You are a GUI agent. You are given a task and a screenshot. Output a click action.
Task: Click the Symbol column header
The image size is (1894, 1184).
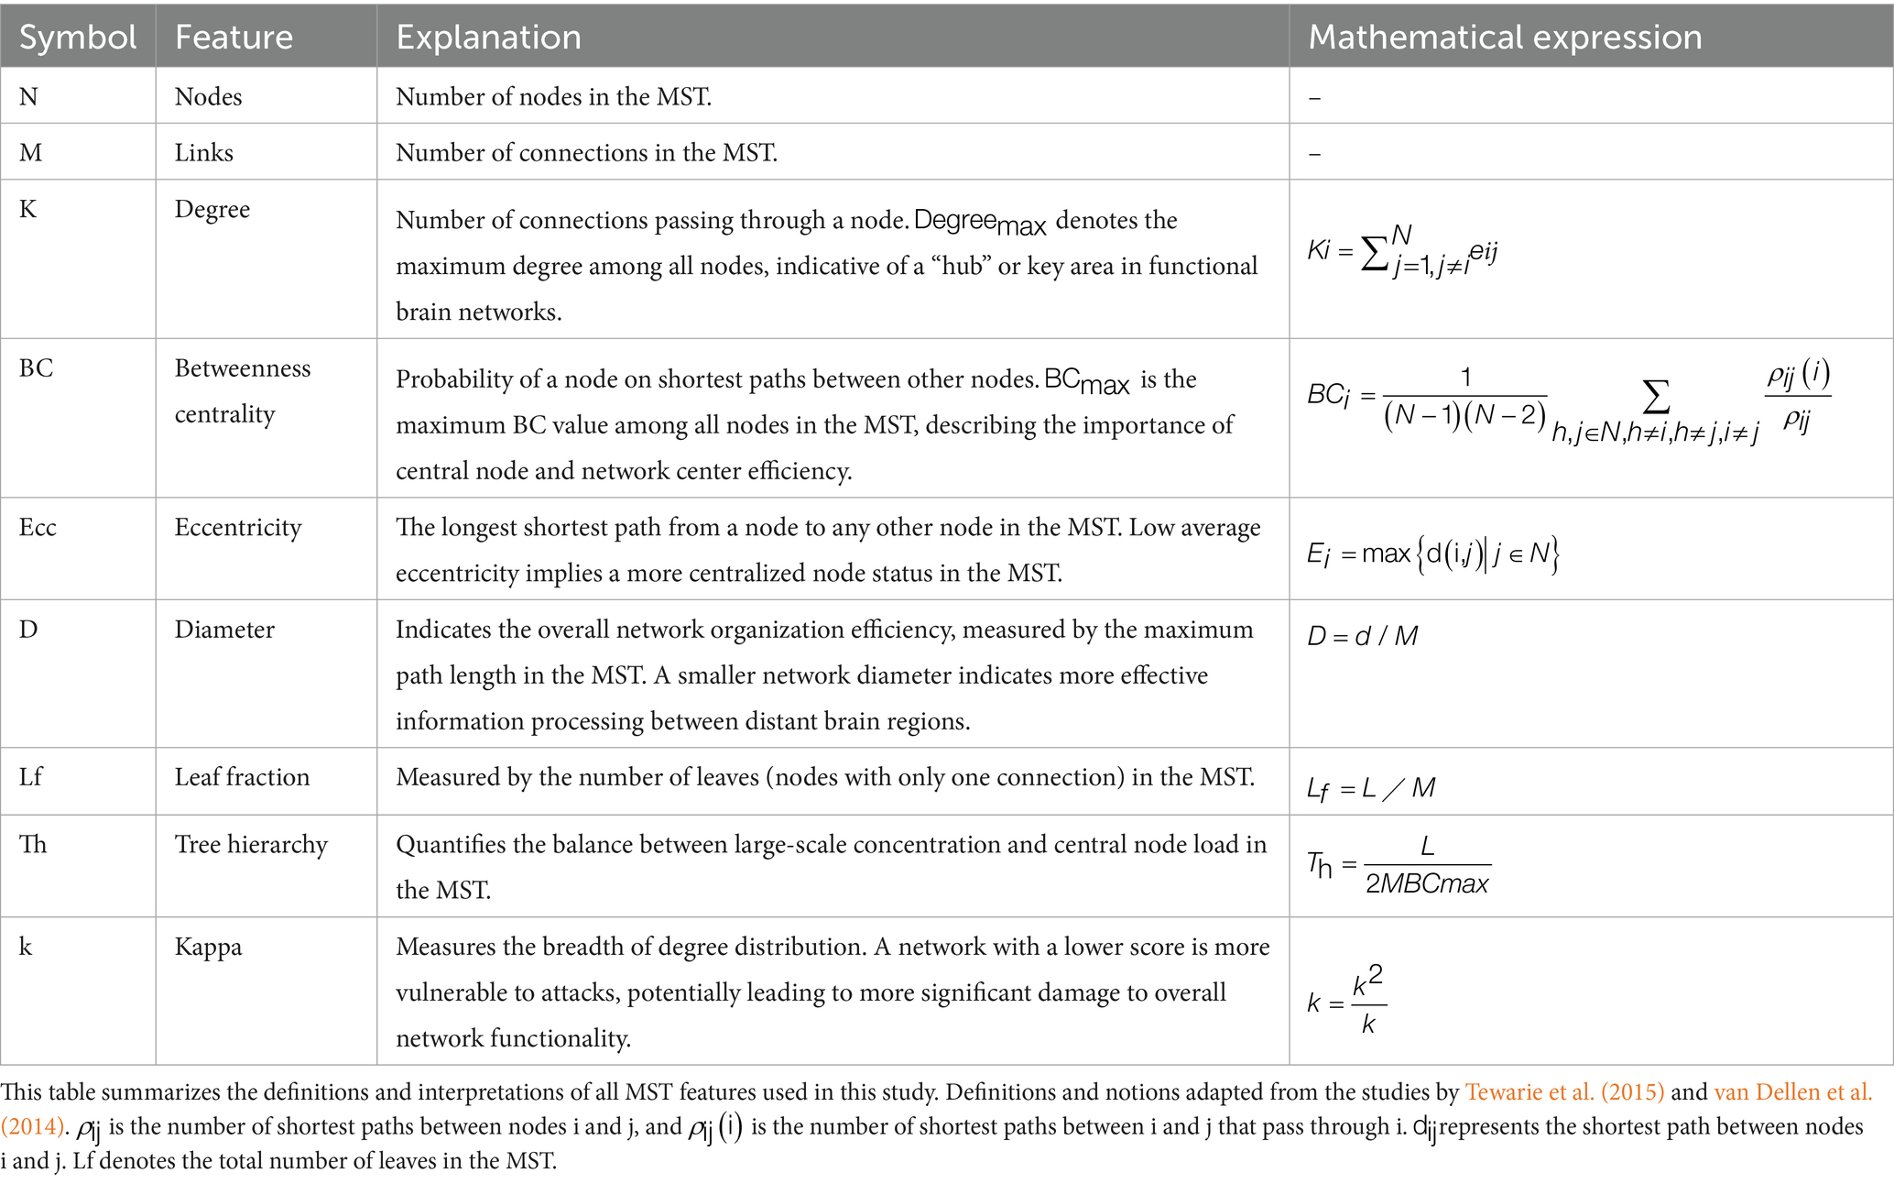click(x=78, y=38)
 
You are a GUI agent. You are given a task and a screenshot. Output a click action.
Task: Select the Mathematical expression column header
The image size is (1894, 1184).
click(x=1505, y=38)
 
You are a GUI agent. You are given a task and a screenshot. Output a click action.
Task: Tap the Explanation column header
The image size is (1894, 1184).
click(x=488, y=38)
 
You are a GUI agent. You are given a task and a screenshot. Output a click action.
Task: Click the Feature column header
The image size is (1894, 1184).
click(x=234, y=38)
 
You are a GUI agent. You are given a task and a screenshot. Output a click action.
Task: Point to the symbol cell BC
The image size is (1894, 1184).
click(x=37, y=368)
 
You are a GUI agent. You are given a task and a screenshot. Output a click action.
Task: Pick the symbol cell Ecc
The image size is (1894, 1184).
click(x=38, y=528)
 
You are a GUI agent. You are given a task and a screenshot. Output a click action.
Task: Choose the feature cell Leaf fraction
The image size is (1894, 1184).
click(x=242, y=777)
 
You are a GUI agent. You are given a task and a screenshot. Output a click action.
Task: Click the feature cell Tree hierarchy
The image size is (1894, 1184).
click(x=251, y=844)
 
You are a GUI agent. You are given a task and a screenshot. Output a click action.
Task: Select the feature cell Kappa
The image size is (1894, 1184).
click(x=208, y=947)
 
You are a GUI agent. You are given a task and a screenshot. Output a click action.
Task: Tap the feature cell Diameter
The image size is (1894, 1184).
click(x=224, y=630)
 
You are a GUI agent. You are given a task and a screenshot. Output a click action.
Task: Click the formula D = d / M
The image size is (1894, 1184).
click(x=1362, y=636)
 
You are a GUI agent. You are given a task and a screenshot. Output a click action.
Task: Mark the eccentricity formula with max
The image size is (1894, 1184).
click(x=1432, y=554)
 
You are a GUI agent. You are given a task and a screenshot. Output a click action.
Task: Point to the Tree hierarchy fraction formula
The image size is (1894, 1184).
click(x=1399, y=866)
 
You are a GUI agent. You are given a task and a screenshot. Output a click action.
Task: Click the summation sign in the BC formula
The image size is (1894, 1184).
click(x=1655, y=398)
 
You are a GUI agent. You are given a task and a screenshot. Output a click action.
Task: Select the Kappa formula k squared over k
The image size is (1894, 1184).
click(x=1346, y=1001)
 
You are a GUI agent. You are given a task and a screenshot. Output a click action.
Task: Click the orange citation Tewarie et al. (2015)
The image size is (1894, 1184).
click(x=1563, y=1092)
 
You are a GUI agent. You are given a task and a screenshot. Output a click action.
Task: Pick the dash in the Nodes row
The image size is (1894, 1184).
click(x=1314, y=98)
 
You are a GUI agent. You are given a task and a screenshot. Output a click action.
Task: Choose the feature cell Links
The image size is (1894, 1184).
click(x=203, y=153)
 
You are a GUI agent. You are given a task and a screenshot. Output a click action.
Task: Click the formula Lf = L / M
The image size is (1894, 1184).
click(x=1371, y=788)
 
